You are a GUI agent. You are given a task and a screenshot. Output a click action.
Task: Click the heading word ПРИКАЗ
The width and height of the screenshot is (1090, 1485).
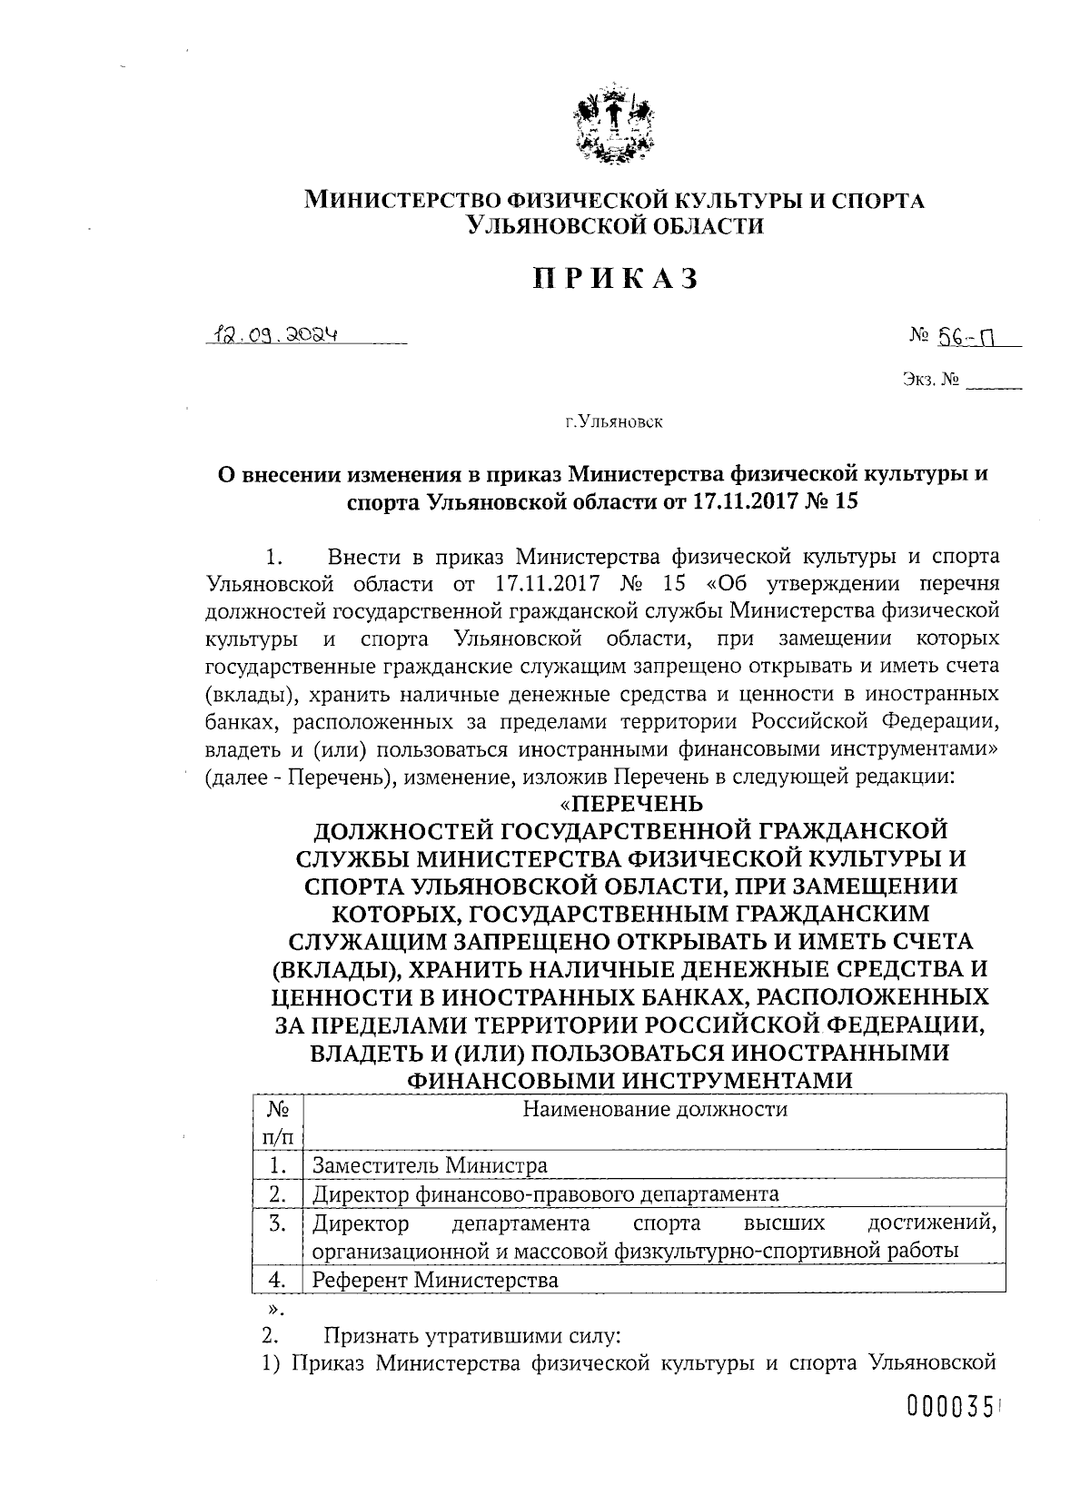click(x=615, y=278)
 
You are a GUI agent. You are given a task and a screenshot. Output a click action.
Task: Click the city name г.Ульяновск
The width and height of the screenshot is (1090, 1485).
click(x=613, y=421)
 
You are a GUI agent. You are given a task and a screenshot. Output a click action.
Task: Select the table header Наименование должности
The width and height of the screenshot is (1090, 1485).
click(x=654, y=1109)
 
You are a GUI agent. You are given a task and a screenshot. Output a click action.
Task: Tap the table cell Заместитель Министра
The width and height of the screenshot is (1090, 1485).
click(x=430, y=1165)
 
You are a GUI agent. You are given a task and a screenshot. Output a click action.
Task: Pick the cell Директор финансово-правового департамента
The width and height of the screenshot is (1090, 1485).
click(x=545, y=1193)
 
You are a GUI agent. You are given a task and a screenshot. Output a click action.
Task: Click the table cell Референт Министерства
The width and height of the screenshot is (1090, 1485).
click(x=435, y=1280)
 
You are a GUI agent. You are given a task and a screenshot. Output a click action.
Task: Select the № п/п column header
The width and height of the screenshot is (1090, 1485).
click(x=278, y=1123)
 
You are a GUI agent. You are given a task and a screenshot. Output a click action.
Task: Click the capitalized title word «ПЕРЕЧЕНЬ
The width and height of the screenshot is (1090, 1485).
click(x=630, y=804)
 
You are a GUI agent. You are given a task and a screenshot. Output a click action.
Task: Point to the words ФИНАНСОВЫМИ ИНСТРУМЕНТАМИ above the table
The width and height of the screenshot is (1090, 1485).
click(x=631, y=1080)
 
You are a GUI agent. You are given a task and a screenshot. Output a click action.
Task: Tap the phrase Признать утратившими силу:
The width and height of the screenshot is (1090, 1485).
click(x=472, y=1336)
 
